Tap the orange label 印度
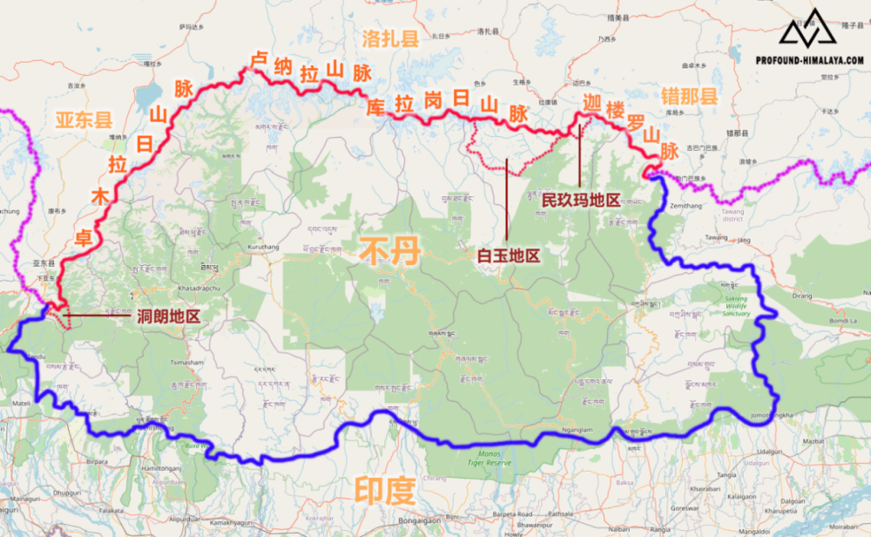coord(384,490)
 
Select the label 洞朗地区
coord(169,316)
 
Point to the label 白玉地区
coord(509,255)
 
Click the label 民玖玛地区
coord(581,200)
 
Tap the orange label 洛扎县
coord(390,38)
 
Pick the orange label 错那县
coord(690,97)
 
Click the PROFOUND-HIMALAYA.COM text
coord(810,60)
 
